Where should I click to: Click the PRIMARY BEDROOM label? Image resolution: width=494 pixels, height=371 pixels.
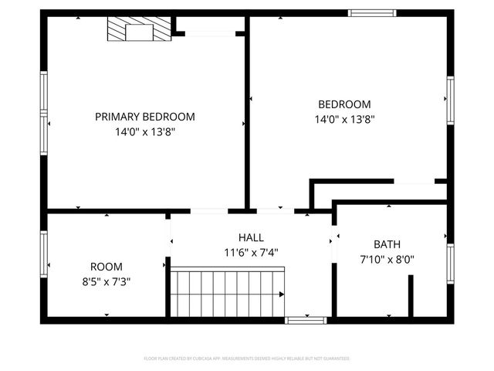(x=145, y=117)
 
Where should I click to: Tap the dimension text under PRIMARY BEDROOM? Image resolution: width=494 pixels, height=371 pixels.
(x=145, y=132)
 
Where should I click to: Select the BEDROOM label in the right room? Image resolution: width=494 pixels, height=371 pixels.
(x=344, y=104)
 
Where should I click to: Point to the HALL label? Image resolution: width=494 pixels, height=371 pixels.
(x=250, y=237)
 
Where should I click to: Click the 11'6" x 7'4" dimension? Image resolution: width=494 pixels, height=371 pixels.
(x=250, y=252)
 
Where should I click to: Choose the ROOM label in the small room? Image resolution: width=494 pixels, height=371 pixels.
(x=106, y=267)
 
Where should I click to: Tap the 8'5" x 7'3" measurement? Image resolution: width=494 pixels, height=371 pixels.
(x=106, y=281)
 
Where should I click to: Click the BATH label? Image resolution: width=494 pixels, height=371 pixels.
(x=387, y=244)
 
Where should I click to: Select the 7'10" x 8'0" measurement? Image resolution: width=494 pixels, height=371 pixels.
(x=387, y=260)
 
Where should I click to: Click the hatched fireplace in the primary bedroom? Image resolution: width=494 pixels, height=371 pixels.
(x=138, y=32)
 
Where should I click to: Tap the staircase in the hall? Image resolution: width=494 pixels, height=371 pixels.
(x=227, y=294)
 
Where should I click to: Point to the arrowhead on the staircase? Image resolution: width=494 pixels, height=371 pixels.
(x=282, y=294)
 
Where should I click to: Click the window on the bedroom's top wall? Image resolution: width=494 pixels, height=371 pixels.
(x=372, y=12)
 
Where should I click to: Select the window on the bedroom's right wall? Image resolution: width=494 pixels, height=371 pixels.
(x=449, y=100)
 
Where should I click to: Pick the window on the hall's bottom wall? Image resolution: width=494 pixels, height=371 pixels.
(x=306, y=320)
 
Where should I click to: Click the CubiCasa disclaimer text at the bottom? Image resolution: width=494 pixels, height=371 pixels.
(x=247, y=359)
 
